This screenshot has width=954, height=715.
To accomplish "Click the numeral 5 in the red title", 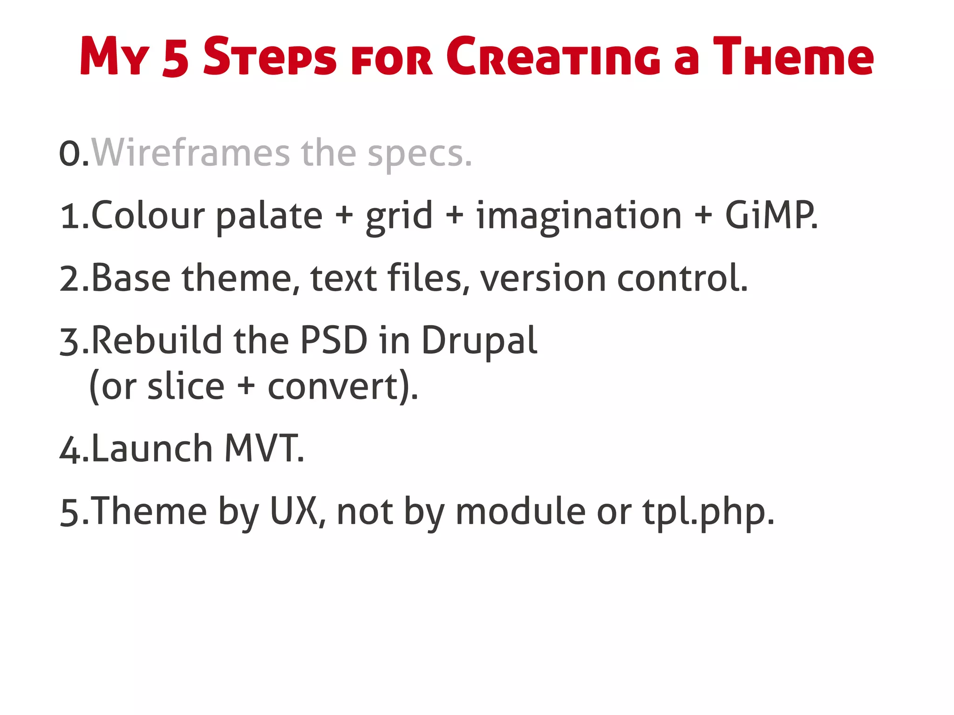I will pos(176,57).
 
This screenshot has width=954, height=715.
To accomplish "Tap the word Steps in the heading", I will pos(270,57).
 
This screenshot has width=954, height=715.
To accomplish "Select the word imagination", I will pos(579,216).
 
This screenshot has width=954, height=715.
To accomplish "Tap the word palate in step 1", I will pos(269,216).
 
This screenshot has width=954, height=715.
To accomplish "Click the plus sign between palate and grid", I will pos(344,216).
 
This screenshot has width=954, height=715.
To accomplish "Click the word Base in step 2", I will pos(131,278).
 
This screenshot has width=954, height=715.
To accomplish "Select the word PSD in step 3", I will pos(334,340).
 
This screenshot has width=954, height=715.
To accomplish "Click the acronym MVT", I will pos(263,449).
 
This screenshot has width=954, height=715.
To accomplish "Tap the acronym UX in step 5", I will pos(294,511).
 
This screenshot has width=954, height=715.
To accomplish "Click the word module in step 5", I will pos(520,511).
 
